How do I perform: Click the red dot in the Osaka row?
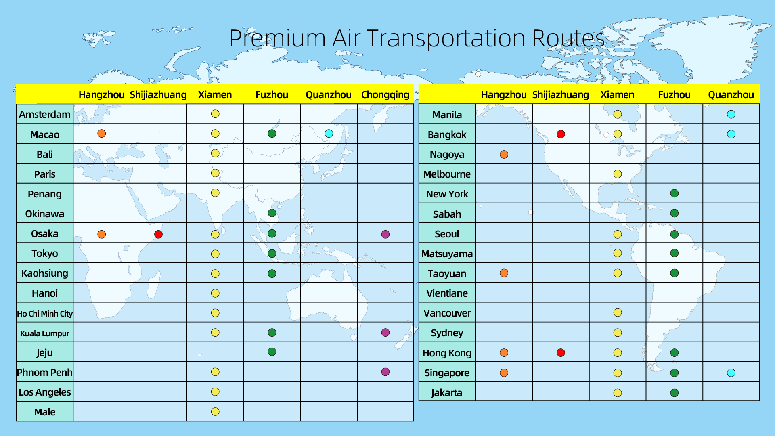click(x=158, y=234)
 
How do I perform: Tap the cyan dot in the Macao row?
click(x=329, y=134)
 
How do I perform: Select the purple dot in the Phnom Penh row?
click(x=385, y=372)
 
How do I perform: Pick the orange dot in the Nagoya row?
click(x=504, y=154)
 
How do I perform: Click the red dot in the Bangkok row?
click(x=561, y=134)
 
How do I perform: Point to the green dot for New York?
click(x=674, y=193)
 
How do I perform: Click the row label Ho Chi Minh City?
click(x=45, y=314)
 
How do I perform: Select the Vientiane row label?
click(x=447, y=293)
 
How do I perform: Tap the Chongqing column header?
click(x=385, y=95)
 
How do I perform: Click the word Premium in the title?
click(x=277, y=39)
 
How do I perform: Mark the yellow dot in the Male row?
click(x=215, y=411)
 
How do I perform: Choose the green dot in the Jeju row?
click(x=272, y=352)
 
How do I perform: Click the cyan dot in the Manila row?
click(x=731, y=114)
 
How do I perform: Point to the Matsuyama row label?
click(x=447, y=254)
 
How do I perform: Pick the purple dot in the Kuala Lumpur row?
click(x=385, y=332)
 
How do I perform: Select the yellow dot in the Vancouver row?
click(x=618, y=312)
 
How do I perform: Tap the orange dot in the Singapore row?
click(x=504, y=373)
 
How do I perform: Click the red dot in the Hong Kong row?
click(x=561, y=353)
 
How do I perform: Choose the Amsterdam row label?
click(x=45, y=115)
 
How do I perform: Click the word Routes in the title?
click(x=569, y=39)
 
